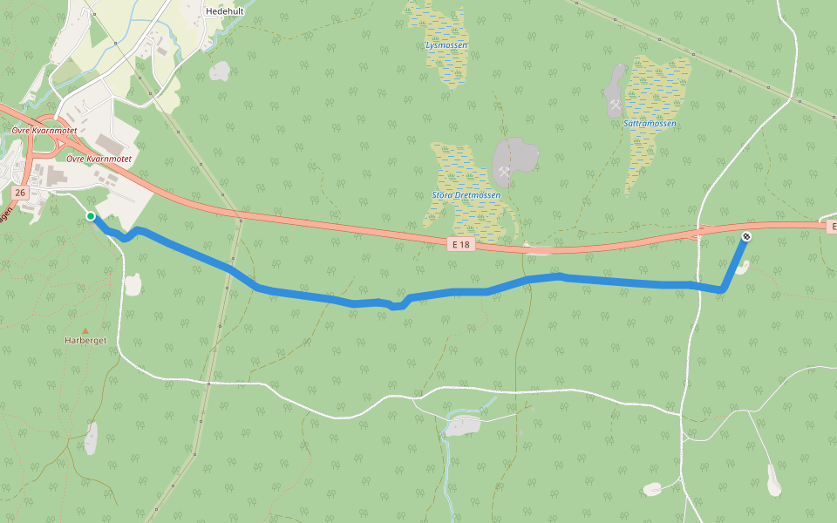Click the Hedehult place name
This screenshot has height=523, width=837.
(x=224, y=11)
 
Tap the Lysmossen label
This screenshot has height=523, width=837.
(x=446, y=44)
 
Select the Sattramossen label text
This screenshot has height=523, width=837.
(x=650, y=124)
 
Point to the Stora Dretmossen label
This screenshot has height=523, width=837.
(x=466, y=195)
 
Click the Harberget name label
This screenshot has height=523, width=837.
(x=85, y=341)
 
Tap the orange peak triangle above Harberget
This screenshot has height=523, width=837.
(x=85, y=330)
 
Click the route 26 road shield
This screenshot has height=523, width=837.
(x=20, y=192)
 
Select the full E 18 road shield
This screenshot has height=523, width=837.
(x=461, y=245)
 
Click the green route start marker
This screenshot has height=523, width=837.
(x=91, y=216)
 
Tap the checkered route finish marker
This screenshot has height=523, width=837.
(x=745, y=236)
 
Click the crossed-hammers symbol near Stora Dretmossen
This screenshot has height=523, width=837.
(x=503, y=172)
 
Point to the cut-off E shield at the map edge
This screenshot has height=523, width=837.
(x=831, y=227)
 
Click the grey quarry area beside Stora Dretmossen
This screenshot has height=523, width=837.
(x=516, y=157)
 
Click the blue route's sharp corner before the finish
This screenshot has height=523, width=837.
(x=723, y=289)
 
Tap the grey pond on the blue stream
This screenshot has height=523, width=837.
(x=461, y=425)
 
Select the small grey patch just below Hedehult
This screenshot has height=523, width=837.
(x=220, y=71)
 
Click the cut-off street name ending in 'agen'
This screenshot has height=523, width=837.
(x=5, y=214)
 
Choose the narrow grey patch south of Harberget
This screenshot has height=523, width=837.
(x=92, y=438)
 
